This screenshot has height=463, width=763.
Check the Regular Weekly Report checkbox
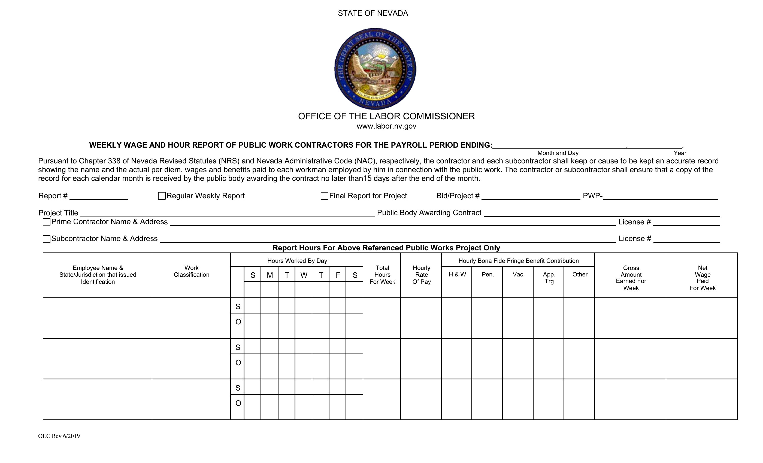coord(162,196)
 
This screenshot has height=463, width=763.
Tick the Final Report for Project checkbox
coord(325,196)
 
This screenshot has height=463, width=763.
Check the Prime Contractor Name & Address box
coord(46,222)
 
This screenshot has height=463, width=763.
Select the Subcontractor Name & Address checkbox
coord(46,239)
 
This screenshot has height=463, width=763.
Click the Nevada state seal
coord(375,69)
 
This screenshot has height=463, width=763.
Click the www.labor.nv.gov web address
coord(386,126)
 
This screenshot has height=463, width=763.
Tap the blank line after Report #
coord(99,197)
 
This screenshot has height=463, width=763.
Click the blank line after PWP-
coord(660,197)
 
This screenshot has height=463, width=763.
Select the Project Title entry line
coord(227,213)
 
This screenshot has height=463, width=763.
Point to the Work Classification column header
coord(191,272)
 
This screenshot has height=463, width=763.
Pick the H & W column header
coord(457,275)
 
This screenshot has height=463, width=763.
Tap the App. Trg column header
coord(549,278)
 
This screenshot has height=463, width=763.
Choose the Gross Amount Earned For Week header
coord(631,278)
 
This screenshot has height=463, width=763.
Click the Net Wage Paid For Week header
coord(702,278)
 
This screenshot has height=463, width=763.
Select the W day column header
coord(304,275)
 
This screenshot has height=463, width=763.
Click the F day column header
coord(338,275)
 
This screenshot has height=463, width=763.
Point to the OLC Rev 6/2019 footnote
coord(59,436)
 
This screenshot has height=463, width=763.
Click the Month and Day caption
coord(558,153)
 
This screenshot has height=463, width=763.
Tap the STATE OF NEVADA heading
coord(373,13)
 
